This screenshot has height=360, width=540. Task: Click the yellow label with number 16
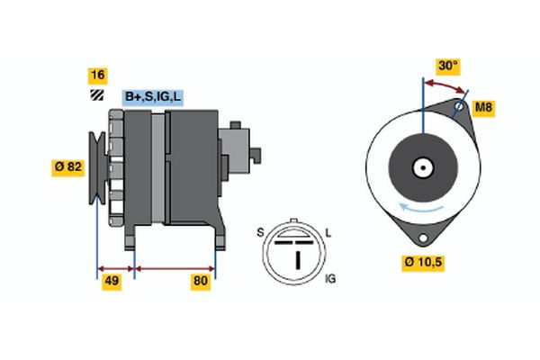tap(96, 75)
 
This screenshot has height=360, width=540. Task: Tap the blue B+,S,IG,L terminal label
tap(151, 96)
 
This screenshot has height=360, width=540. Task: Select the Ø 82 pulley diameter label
tap(69, 166)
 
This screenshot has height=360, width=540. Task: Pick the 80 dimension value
tap(200, 282)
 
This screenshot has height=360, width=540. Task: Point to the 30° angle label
tap(447, 66)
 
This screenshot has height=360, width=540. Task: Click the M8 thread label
tap(484, 109)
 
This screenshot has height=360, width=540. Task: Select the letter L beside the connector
tap(328, 233)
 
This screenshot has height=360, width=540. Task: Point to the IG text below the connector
tap(329, 280)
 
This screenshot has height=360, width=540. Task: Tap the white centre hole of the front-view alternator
tap(421, 167)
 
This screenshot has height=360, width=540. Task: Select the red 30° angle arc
tap(445, 84)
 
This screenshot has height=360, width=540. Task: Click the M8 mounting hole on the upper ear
tap(459, 108)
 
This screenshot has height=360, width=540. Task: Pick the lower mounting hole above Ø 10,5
tap(421, 237)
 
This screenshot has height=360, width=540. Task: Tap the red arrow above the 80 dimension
tap(175, 267)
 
